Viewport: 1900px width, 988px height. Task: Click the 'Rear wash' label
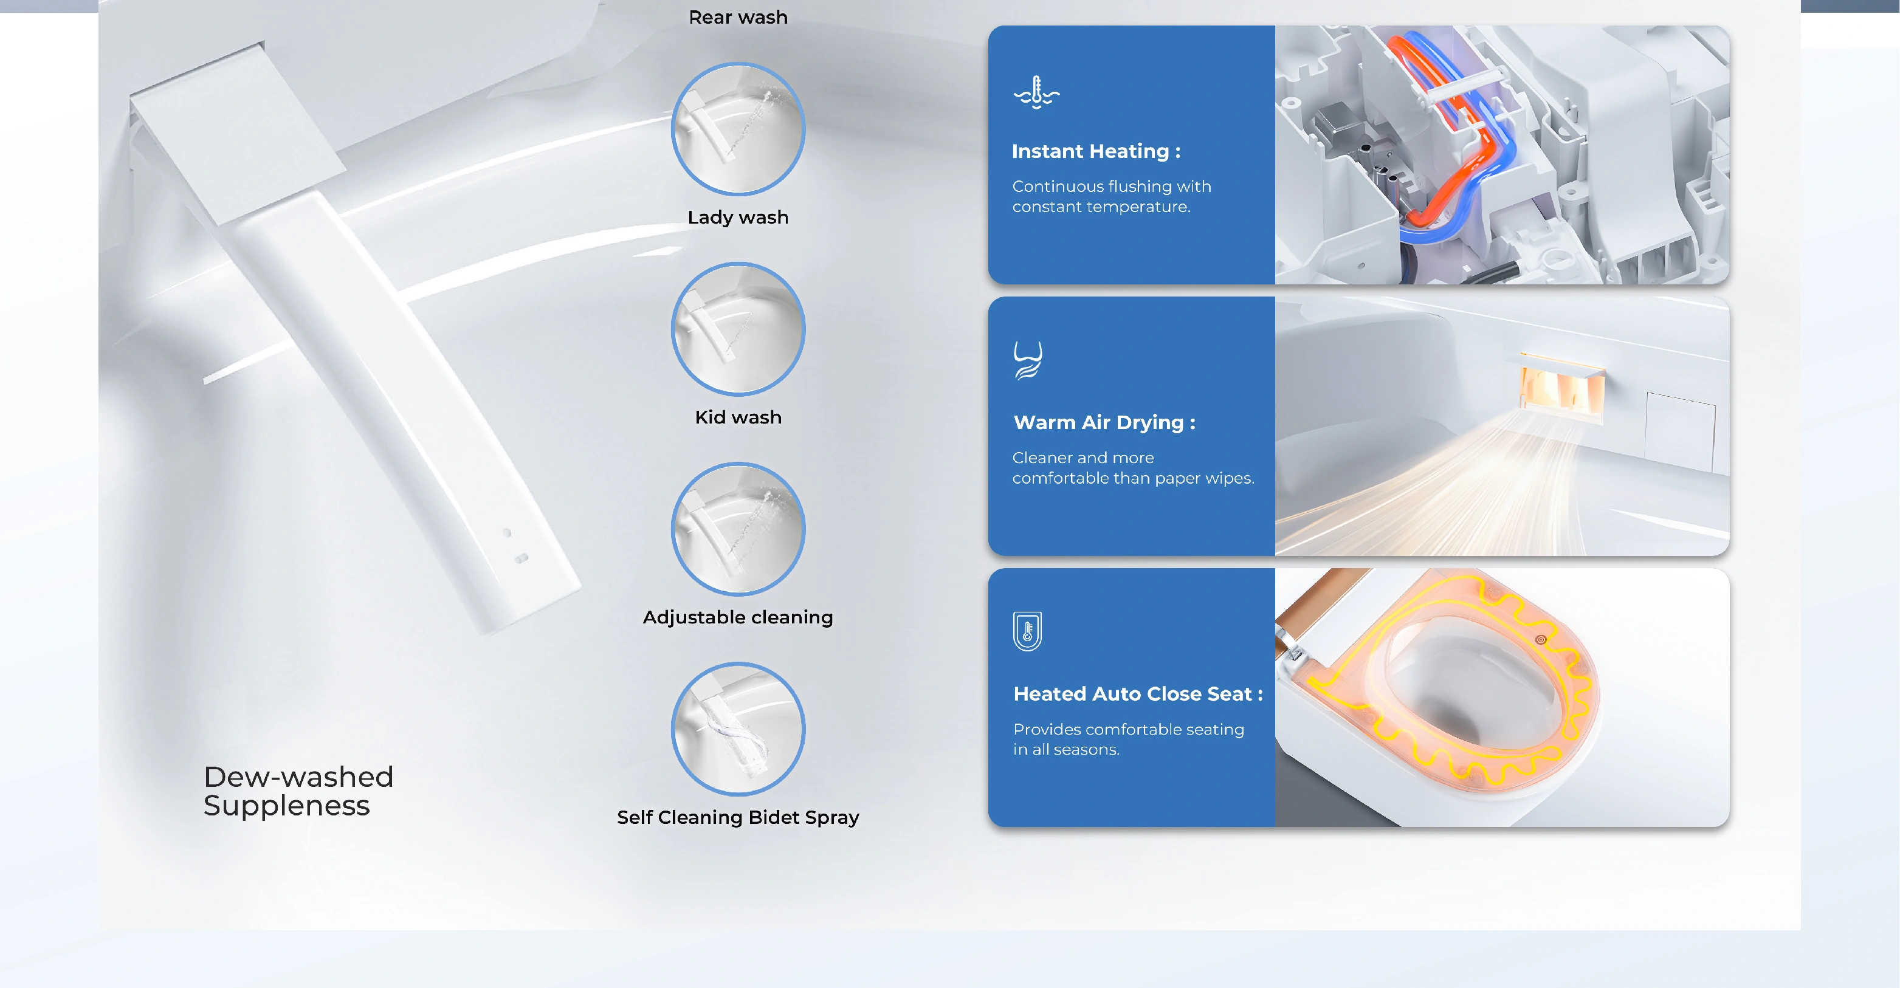pos(738,17)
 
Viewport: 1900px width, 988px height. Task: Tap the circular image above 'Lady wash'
pos(738,129)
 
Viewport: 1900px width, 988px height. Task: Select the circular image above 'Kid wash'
pos(738,329)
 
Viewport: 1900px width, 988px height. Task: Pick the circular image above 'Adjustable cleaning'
pos(738,529)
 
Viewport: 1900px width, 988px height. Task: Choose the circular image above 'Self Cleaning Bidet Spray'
pos(738,729)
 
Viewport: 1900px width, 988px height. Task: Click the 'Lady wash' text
pos(738,217)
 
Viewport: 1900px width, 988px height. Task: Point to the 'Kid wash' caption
pos(738,417)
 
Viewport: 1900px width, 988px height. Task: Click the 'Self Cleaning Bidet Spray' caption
pos(738,817)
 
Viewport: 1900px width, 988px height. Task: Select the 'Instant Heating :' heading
pos(1095,151)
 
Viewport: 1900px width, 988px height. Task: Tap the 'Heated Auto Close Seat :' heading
pos(1137,694)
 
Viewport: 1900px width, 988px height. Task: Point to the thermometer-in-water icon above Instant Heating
pos(1036,93)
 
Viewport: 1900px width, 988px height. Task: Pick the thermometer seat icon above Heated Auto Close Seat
pos(1027,631)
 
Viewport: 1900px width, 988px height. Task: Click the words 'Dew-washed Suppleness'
pos(298,791)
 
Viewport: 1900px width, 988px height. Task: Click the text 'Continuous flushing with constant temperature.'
pos(1111,196)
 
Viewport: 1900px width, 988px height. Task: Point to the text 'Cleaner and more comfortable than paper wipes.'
pos(1132,467)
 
